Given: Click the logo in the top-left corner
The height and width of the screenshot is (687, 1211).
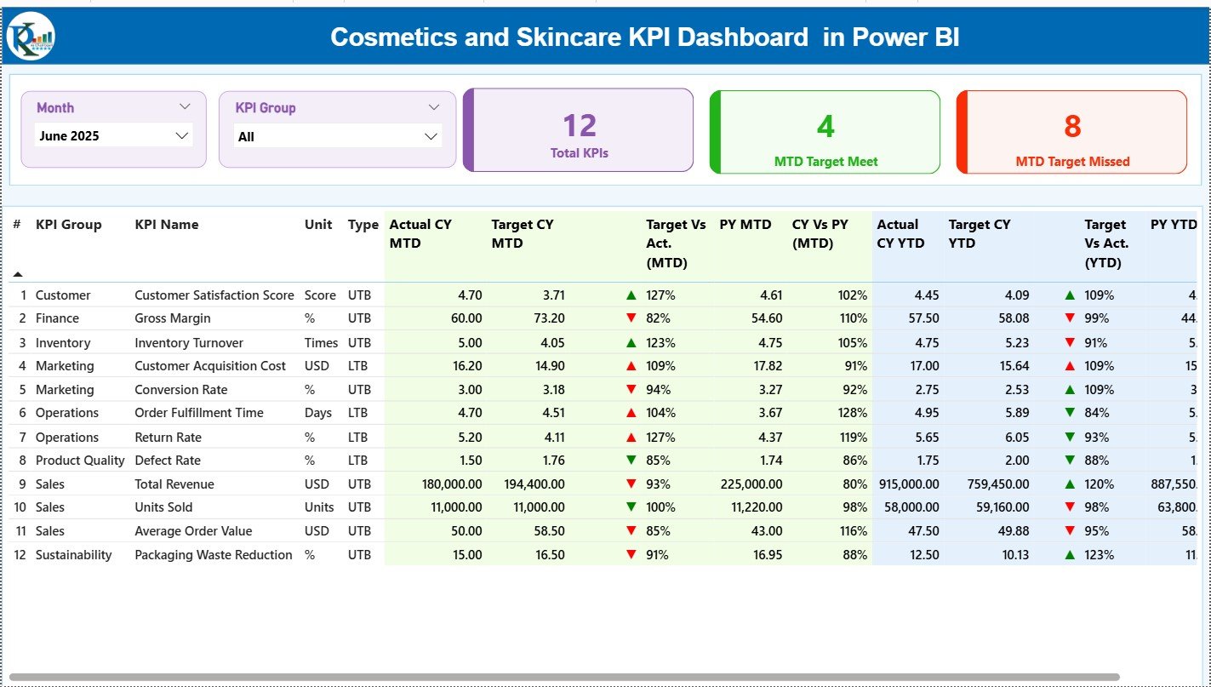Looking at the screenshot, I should coord(31,37).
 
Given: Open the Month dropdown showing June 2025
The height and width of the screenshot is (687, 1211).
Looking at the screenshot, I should coord(113,135).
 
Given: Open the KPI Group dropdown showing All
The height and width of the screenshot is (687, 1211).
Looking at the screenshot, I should coord(337,136).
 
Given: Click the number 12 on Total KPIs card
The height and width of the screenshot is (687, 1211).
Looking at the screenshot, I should coord(579,126).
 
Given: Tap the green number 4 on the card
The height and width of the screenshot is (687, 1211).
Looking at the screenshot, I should coord(825,127).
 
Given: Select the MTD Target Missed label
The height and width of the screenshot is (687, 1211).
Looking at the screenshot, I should coord(1072,162).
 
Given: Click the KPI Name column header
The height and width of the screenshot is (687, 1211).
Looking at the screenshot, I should coord(167,225).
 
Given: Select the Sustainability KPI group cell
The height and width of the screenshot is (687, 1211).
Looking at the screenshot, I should coord(73,555).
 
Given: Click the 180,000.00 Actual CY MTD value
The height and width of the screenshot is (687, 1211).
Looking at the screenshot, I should coord(451,484).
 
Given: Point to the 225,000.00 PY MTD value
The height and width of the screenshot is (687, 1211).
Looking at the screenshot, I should coord(751,484).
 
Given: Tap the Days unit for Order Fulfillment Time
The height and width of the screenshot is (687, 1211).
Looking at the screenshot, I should coord(318,413).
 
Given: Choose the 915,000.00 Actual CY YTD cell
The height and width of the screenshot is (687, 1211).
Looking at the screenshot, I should coord(908,484).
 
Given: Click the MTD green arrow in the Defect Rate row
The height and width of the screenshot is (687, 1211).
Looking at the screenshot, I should coord(631,461).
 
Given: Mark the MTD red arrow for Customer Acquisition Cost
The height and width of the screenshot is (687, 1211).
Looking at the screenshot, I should coord(631,366).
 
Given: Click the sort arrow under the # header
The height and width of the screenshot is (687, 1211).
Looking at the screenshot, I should coord(18,274).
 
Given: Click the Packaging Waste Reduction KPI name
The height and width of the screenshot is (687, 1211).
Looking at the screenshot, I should coord(213,555).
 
